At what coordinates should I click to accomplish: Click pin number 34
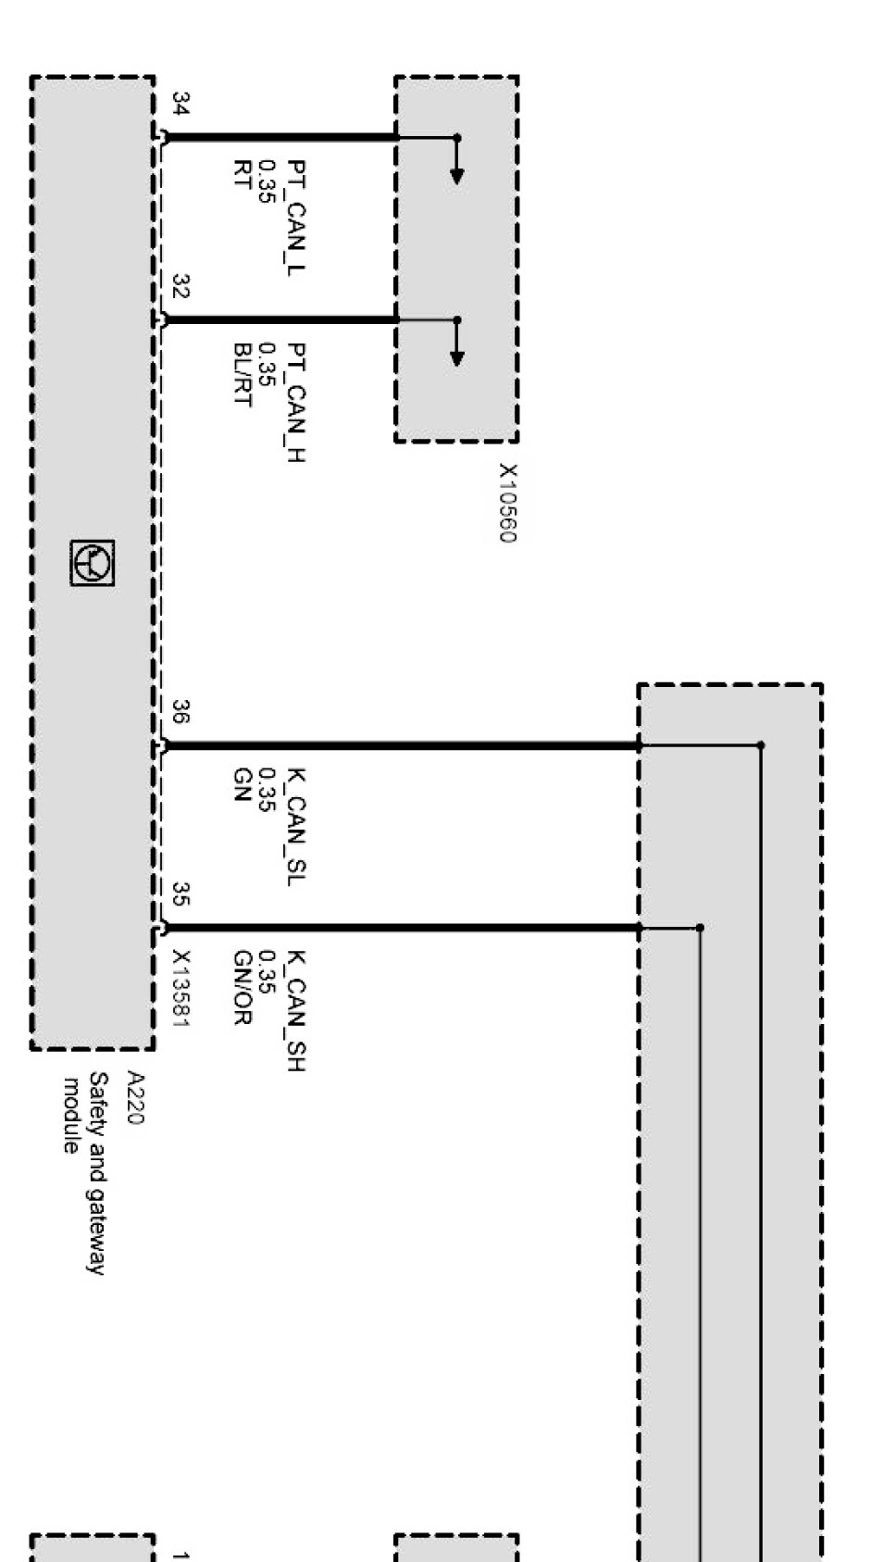click(x=181, y=104)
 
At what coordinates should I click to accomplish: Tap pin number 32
click(x=181, y=287)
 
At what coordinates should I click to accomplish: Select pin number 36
click(x=181, y=711)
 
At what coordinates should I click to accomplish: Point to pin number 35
click(x=181, y=893)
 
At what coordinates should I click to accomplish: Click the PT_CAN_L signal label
click(x=296, y=217)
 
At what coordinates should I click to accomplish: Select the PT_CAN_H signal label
click(x=296, y=402)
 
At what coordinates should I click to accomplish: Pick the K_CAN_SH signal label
click(x=296, y=1010)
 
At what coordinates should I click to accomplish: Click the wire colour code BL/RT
click(x=243, y=374)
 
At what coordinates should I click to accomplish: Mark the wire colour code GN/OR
click(x=243, y=988)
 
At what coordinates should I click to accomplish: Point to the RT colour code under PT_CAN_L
click(x=243, y=173)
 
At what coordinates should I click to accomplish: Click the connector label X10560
click(x=507, y=503)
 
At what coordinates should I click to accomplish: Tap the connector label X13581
click(x=181, y=989)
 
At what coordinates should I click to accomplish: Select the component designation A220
click(x=135, y=1098)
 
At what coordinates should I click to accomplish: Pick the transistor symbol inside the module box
click(x=93, y=563)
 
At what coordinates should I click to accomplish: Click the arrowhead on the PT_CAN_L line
click(x=456, y=176)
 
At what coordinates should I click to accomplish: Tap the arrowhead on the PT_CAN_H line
click(x=456, y=357)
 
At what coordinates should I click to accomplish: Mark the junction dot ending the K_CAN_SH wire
click(x=700, y=927)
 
